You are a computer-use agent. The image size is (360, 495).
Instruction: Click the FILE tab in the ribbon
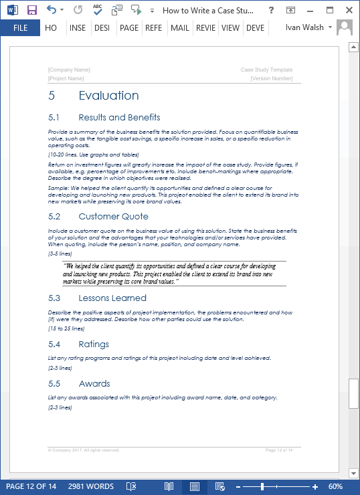[20, 27]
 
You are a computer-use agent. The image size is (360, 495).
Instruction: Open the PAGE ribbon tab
[128, 27]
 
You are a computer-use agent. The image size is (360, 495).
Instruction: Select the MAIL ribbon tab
[179, 27]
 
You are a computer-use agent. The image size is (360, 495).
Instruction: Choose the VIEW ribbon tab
[230, 27]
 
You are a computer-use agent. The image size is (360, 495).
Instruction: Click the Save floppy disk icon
[31, 10]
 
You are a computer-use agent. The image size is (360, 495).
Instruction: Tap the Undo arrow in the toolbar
[52, 10]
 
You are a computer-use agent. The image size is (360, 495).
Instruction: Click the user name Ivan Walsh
[304, 27]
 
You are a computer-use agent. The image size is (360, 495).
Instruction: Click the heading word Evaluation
[108, 96]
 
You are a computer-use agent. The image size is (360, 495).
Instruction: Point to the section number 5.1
[54, 118]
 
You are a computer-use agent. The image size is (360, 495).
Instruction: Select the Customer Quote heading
[113, 217]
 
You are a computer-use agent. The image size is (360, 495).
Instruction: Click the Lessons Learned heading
[112, 298]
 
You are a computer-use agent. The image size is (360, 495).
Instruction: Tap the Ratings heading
[94, 344]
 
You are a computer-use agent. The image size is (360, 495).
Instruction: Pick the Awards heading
[94, 384]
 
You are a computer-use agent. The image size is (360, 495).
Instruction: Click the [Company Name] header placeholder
[69, 70]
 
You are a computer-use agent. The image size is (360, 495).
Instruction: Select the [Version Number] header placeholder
[271, 78]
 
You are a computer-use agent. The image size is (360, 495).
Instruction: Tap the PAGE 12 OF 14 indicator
[31, 486]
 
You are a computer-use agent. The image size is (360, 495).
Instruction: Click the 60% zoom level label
[336, 486]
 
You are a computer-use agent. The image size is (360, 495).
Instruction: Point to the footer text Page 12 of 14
[279, 450]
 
